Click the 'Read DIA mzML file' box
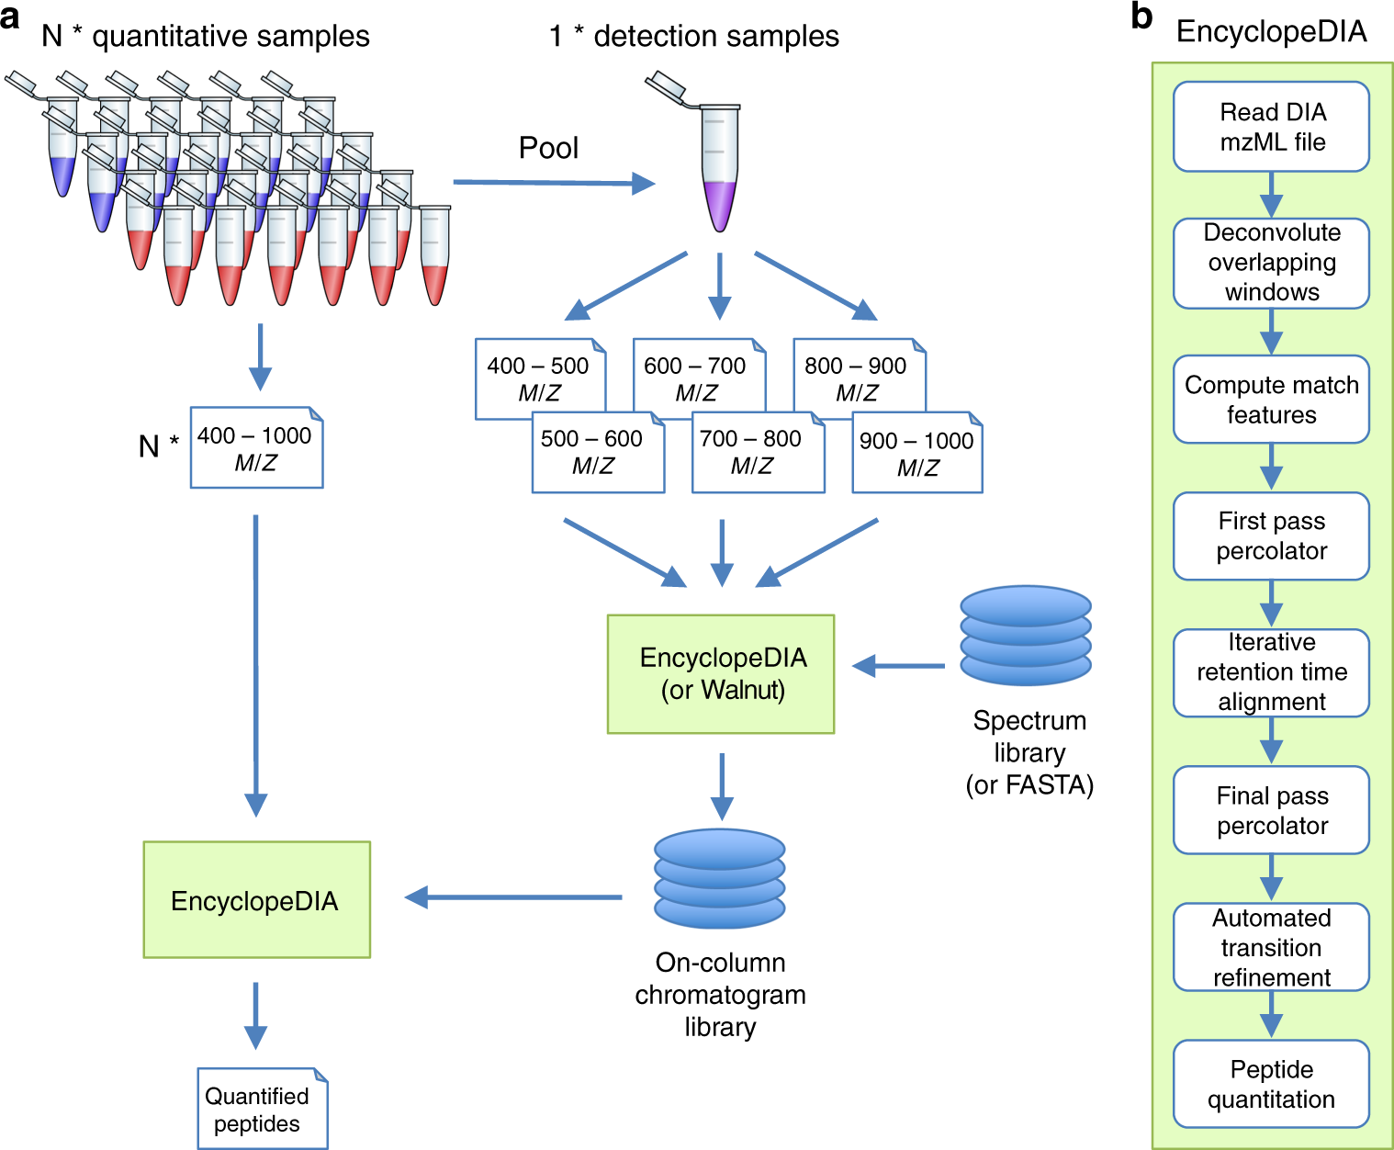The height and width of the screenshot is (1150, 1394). (x=1271, y=126)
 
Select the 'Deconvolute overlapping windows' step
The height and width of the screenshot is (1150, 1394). (x=1271, y=263)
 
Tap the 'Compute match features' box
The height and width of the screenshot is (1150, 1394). (x=1271, y=400)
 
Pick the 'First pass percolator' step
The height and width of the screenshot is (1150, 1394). (x=1271, y=536)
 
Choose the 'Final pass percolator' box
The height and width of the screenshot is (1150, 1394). (x=1271, y=809)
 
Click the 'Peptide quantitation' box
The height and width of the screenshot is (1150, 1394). (x=1271, y=1083)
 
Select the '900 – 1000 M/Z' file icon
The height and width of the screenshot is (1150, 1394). (x=917, y=452)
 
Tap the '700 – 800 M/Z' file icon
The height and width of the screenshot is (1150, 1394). (x=758, y=452)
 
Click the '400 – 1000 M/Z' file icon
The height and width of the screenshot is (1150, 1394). (x=256, y=447)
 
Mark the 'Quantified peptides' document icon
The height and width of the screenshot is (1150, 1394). (x=263, y=1108)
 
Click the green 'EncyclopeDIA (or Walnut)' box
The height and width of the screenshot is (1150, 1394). (x=720, y=674)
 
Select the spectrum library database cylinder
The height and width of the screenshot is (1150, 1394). (x=1026, y=635)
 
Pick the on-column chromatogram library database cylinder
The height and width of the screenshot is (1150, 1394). (x=720, y=878)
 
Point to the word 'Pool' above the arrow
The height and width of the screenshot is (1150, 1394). (x=549, y=148)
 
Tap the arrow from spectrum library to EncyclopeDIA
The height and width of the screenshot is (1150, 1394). (x=899, y=666)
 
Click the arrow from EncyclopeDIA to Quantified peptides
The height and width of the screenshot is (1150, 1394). (x=255, y=1015)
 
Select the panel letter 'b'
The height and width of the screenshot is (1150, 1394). (x=1141, y=16)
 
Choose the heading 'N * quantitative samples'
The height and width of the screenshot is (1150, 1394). (x=205, y=36)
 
